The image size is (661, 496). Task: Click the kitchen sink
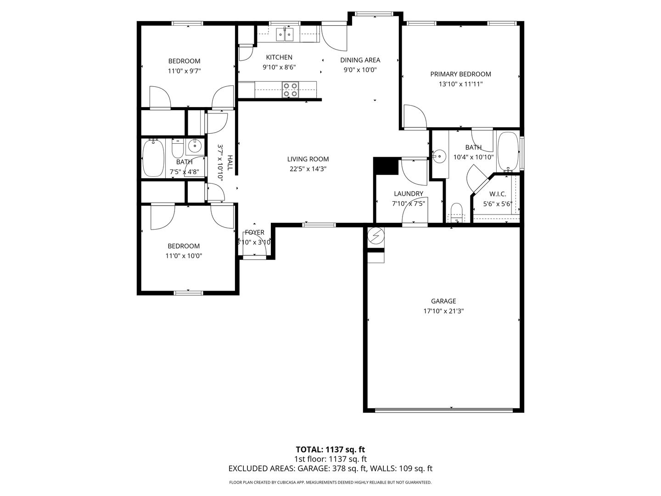285,34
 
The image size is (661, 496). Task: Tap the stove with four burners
291,90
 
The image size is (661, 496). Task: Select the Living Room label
308,159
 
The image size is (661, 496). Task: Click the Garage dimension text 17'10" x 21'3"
443,311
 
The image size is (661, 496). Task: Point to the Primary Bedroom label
460,74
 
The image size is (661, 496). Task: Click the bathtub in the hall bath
153,158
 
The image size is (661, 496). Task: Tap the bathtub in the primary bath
508,152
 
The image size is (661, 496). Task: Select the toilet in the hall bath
178,148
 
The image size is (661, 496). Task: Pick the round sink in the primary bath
439,156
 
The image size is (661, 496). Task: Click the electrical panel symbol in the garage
376,235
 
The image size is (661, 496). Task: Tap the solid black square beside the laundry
386,166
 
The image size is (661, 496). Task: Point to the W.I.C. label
498,194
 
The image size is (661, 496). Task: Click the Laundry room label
409,194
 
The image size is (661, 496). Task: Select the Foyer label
254,232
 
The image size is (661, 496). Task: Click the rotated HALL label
230,163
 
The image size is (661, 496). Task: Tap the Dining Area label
360,60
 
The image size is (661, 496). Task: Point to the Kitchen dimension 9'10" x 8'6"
279,67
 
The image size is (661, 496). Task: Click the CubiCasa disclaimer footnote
330,482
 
